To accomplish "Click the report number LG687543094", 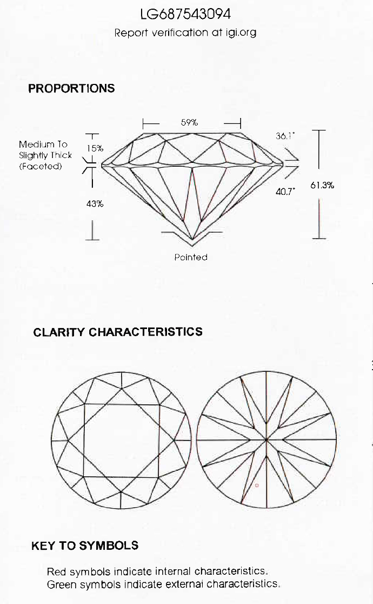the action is (x=185, y=14).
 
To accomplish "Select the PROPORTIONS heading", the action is (x=71, y=88).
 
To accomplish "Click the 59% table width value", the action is (x=189, y=122).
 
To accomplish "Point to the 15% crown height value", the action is (x=95, y=148).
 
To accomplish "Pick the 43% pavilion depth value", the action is (x=95, y=204).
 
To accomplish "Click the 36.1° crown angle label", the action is (x=285, y=136).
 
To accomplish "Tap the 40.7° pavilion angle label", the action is (x=285, y=192).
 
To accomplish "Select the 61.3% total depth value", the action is (x=322, y=185).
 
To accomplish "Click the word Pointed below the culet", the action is (x=191, y=257).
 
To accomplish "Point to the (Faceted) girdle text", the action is (x=41, y=166).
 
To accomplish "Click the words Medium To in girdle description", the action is (x=43, y=145).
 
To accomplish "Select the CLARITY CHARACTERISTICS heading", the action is (x=118, y=332).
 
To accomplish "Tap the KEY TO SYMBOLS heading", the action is (x=85, y=546).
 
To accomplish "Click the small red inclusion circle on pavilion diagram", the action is (x=257, y=485).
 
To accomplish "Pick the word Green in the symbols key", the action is (x=59, y=585).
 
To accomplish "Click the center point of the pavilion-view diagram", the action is (x=267, y=439).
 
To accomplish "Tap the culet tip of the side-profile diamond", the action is (x=192, y=240).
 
